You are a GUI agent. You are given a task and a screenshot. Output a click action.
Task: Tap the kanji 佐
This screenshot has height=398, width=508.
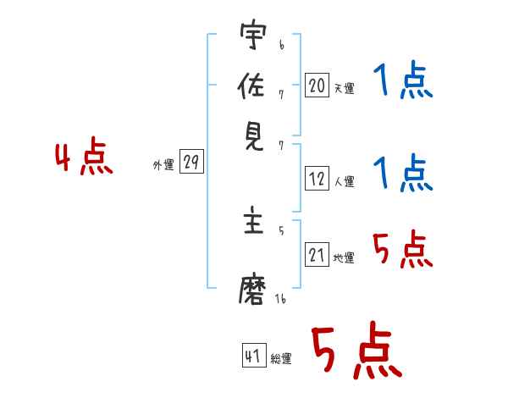click(x=251, y=85)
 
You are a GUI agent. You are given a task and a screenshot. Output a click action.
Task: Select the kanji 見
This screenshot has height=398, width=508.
click(x=254, y=137)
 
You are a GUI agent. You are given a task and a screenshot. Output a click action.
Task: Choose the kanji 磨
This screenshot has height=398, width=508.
click(x=252, y=290)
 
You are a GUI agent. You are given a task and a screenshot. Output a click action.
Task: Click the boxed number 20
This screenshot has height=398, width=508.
click(x=317, y=86)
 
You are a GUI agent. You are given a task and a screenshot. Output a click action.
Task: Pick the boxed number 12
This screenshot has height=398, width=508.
click(x=317, y=179)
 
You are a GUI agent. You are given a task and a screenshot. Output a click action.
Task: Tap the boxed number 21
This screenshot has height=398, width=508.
click(x=317, y=254)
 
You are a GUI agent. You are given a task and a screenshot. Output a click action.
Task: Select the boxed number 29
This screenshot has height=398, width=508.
click(x=191, y=161)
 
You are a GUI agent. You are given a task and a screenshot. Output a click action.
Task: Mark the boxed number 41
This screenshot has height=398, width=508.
click(x=254, y=355)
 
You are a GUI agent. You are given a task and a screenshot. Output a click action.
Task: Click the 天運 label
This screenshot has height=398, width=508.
click(x=344, y=88)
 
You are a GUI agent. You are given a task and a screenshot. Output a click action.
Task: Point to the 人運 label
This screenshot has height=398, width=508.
click(x=344, y=181)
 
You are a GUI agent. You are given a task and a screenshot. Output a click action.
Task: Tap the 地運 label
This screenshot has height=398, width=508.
click(x=344, y=258)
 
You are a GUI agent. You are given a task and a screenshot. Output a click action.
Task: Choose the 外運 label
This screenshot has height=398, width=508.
click(x=163, y=165)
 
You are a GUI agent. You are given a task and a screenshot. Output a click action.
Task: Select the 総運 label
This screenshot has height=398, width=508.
click(x=281, y=358)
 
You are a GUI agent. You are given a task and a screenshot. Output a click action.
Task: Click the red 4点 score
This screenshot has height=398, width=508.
click(x=84, y=156)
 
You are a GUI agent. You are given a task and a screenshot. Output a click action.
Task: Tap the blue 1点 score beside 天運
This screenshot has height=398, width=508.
click(x=403, y=80)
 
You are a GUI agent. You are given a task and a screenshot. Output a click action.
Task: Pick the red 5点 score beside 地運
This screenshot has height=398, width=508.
click(x=403, y=249)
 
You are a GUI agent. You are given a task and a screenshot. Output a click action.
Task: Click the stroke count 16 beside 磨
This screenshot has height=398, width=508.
click(x=280, y=298)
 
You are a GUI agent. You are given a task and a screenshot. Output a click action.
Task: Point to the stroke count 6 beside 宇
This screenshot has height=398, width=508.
click(x=282, y=45)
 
